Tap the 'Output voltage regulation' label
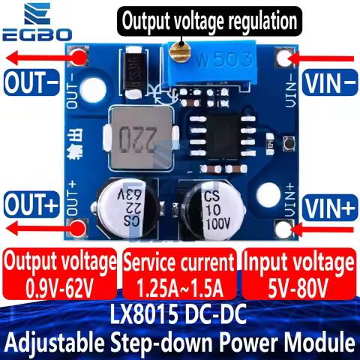tap(208, 20)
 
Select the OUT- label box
tap(29, 82)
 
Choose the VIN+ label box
tap(329, 202)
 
